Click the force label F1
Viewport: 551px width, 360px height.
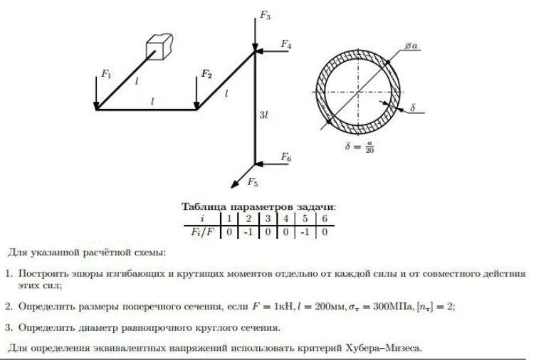[x=106, y=74]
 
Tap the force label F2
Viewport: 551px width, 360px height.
[x=206, y=75]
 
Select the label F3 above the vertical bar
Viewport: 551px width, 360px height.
[x=265, y=15]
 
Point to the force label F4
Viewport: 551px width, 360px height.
[x=286, y=44]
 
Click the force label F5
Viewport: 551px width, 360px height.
[x=253, y=182]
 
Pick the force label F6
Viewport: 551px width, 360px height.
[x=286, y=157]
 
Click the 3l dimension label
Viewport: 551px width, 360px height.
[x=263, y=115]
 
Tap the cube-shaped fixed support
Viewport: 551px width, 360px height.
[x=159, y=47]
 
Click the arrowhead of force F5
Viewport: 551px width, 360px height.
[x=233, y=186]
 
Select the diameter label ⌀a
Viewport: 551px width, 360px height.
[x=411, y=46]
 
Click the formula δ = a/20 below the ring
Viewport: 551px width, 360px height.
[x=359, y=147]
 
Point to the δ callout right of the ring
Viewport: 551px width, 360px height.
[x=413, y=107]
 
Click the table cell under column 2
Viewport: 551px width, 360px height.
[x=248, y=232]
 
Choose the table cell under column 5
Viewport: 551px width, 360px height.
[x=304, y=232]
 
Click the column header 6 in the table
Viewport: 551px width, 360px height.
[x=325, y=219]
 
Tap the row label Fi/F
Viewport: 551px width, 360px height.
[x=202, y=232]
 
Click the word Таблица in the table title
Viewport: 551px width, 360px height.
[x=204, y=207]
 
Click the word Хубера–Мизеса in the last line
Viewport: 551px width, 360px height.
[x=384, y=348]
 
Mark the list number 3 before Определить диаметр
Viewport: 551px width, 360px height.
[x=9, y=328]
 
